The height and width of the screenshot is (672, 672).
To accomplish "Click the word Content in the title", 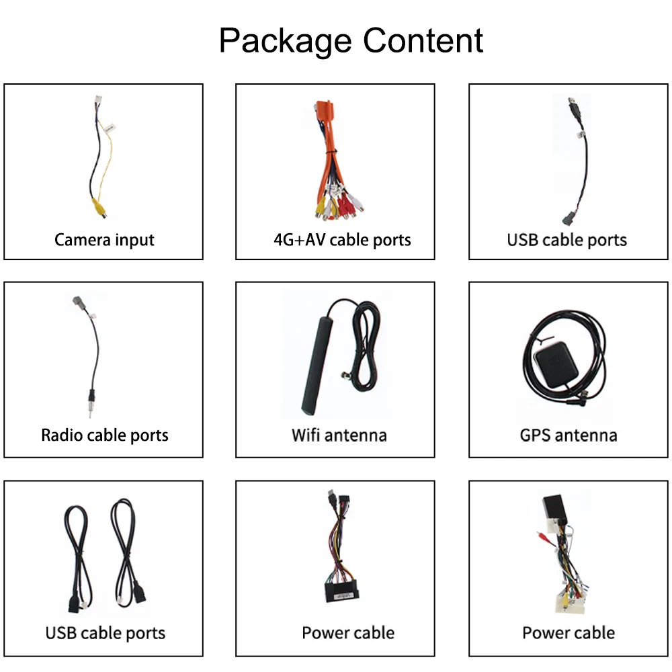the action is coord(422,41).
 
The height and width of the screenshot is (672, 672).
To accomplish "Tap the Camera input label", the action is coord(104,240).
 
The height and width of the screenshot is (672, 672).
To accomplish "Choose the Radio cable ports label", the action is coord(105,435).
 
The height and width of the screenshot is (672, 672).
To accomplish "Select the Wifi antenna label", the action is coord(339,435).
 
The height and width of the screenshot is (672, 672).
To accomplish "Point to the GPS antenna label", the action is coord(569,435).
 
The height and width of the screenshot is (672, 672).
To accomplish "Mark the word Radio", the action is coord(60,435).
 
